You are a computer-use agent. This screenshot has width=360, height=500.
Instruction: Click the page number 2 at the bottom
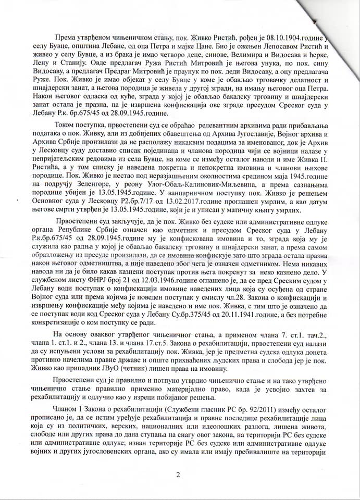pyautogui.click(x=178, y=474)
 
